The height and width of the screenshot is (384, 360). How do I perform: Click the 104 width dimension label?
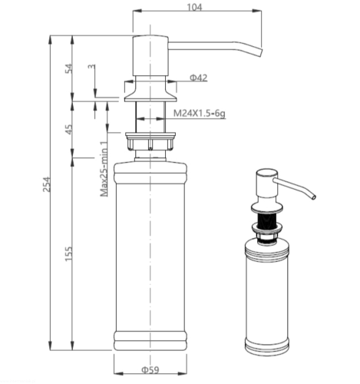pos(194,7)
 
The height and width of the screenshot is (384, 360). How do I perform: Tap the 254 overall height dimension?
pos(47,184)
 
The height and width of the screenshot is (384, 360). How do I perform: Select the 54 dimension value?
pos(68,68)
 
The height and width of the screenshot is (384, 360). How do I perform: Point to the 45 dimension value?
pos(68,129)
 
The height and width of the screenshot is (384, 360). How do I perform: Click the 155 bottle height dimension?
pos(68,254)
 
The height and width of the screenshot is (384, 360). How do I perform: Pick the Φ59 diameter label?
pos(150,369)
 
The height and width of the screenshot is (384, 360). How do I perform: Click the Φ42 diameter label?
pos(199,78)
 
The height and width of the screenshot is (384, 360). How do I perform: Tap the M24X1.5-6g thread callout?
pos(200,113)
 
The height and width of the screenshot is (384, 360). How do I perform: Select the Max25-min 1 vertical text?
pos(104,168)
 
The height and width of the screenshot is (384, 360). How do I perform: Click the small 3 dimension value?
pos(91,67)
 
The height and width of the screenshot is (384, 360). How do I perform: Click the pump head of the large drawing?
pos(150,56)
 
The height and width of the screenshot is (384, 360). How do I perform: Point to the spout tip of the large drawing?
pos(260,52)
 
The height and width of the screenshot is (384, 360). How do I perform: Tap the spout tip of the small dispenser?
pos(314,197)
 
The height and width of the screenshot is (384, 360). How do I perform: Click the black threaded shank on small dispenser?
pos(266,219)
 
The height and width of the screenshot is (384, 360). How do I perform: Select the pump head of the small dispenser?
pos(267,184)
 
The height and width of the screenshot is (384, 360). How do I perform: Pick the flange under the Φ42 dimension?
pos(150,94)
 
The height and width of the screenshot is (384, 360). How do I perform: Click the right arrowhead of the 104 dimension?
pos(256,11)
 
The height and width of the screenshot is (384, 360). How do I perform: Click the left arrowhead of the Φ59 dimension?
pos(118,373)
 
